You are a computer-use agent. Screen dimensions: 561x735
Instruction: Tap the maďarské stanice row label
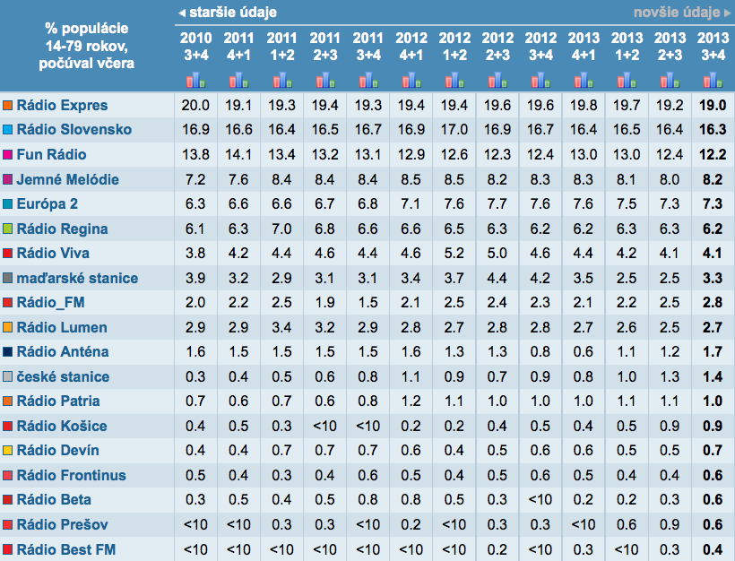click(77, 278)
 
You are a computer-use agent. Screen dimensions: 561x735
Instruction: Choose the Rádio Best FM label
click(65, 548)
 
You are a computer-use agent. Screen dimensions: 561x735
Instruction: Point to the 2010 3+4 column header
click(195, 46)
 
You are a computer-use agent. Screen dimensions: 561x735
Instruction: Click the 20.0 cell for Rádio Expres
click(195, 105)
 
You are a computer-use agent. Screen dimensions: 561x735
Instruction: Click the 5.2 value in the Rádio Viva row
click(454, 253)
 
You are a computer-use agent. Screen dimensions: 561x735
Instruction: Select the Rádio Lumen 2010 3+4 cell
click(195, 327)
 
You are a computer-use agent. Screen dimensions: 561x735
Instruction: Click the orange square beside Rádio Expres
click(8, 105)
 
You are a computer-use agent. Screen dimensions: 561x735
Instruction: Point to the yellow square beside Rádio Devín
click(8, 450)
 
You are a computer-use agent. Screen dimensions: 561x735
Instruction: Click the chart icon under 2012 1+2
click(454, 80)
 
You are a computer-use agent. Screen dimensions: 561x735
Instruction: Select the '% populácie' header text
click(87, 28)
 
